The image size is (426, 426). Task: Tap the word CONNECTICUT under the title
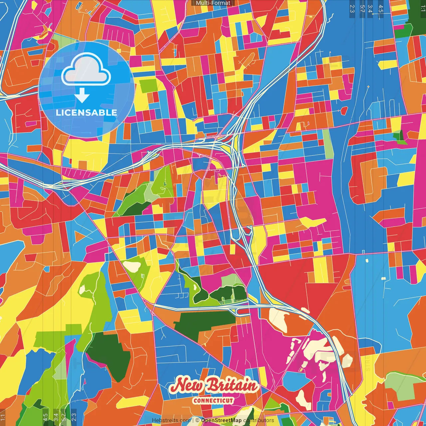tap(213, 401)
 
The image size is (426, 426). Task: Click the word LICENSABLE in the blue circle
tap(87, 112)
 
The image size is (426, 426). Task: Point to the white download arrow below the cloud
tap(82, 95)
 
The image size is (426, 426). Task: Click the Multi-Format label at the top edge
tap(213, 3)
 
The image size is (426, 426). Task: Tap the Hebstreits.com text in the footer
tap(171, 420)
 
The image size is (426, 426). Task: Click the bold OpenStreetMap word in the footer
tap(221, 420)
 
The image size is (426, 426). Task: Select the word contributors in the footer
tap(259, 420)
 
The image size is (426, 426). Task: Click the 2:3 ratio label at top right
tap(352, 9)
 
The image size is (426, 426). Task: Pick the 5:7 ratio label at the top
tap(362, 9)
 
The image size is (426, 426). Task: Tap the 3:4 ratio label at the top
tap(370, 9)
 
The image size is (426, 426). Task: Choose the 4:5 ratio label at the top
tap(381, 9)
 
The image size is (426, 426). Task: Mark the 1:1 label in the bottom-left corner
tap(3, 417)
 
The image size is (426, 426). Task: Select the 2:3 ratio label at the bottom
tap(74, 417)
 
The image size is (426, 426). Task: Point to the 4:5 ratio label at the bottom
tap(45, 417)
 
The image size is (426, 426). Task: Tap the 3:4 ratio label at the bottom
tap(56, 417)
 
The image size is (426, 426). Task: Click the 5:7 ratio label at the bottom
tap(64, 417)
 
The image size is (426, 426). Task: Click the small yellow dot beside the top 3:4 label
tap(373, 14)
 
